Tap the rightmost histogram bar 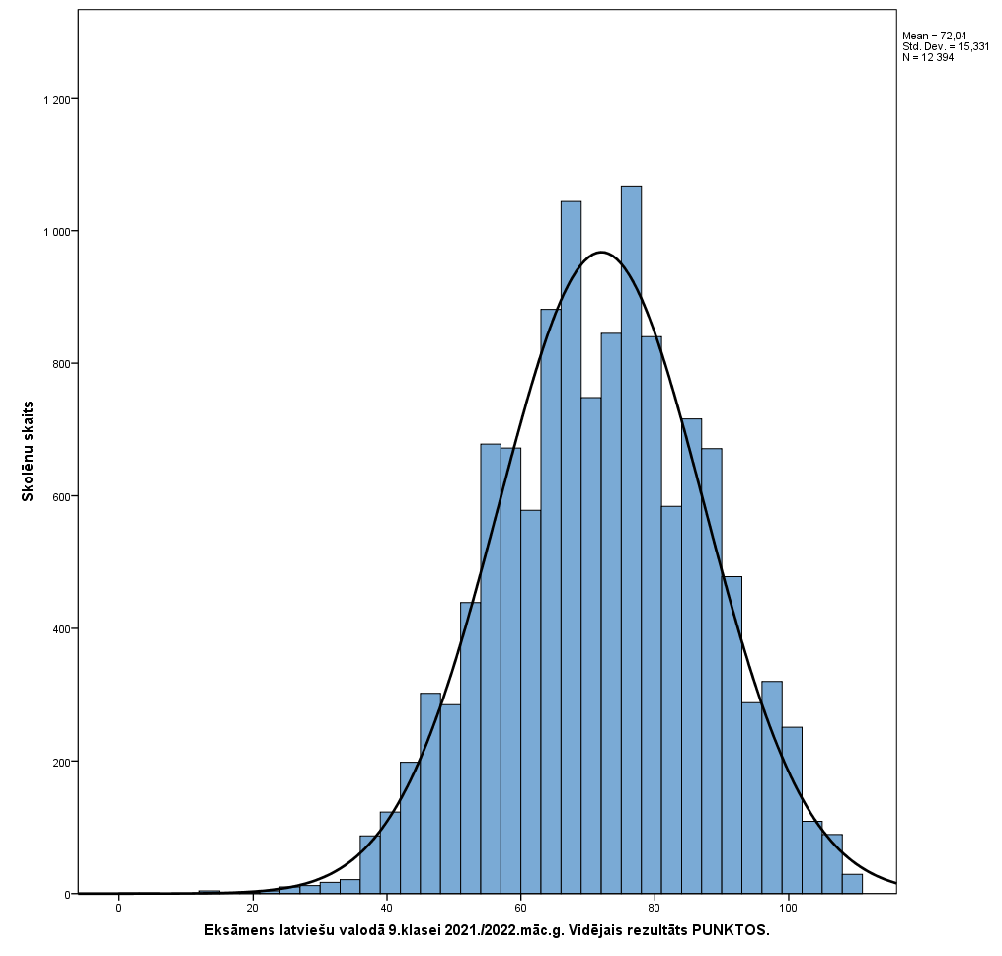852,884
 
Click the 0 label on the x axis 118,908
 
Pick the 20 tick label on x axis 253,908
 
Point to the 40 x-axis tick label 386,908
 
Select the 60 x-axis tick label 520,908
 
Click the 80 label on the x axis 655,908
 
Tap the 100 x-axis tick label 788,908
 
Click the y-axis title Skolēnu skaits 29,451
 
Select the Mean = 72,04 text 934,36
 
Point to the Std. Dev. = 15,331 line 946,46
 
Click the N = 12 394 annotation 928,57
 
